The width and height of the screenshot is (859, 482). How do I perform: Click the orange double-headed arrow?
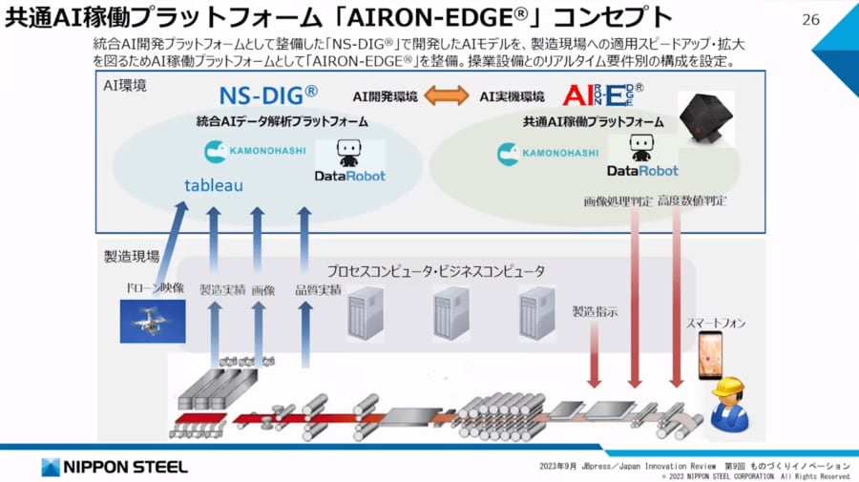pos(446,96)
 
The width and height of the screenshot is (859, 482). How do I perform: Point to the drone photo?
pos(153,320)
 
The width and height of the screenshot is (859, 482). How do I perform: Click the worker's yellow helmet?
pos(727,386)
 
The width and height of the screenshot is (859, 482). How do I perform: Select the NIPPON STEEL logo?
pos(115,467)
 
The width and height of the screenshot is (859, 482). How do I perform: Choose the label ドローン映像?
pos(153,287)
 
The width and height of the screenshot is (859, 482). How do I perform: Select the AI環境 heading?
pos(126,86)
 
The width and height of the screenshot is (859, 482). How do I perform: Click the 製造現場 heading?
pos(132,256)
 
